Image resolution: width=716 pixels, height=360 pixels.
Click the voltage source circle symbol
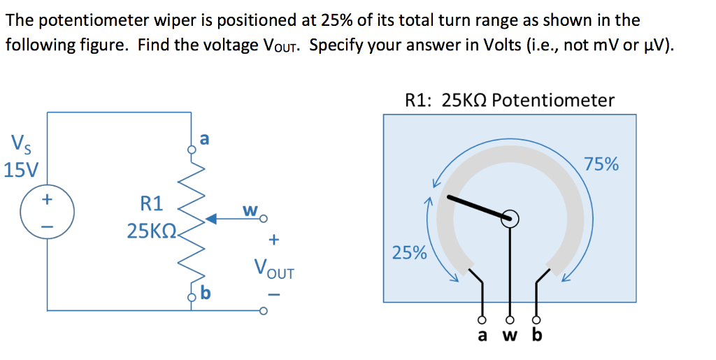pyautogui.click(x=48, y=209)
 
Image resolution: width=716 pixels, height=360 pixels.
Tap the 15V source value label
pyautogui.click(x=21, y=170)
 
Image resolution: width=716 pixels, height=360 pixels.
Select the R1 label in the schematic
pyautogui.click(x=152, y=204)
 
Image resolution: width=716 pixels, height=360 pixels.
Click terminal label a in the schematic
pyautogui.click(x=203, y=139)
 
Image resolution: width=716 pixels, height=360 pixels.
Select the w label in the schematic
pyautogui.click(x=250, y=210)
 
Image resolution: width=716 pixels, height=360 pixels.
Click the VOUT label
pyautogui.click(x=274, y=268)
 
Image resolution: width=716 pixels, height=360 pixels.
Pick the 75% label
pyautogui.click(x=601, y=164)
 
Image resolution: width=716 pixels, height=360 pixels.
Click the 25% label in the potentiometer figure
pyautogui.click(x=410, y=252)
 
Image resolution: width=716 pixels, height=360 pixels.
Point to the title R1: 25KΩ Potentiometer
pyautogui.click(x=510, y=100)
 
